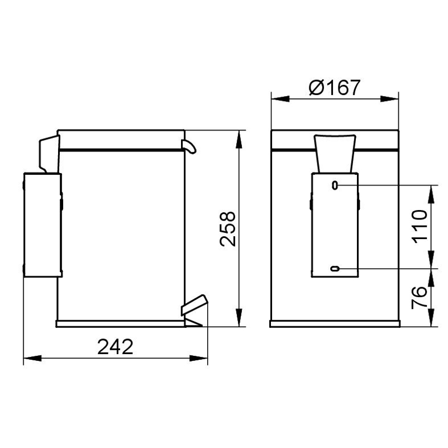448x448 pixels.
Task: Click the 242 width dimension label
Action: point(115,347)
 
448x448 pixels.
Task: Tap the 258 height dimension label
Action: point(228,229)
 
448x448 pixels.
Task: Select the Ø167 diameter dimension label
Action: point(335,87)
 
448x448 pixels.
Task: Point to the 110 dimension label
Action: point(421,227)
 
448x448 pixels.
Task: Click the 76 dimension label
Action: point(419,298)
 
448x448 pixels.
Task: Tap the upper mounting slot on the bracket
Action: point(335,185)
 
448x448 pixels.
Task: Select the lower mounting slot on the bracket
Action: point(335,269)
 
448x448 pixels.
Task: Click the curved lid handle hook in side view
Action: point(189,146)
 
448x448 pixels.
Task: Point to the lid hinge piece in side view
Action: point(49,154)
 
